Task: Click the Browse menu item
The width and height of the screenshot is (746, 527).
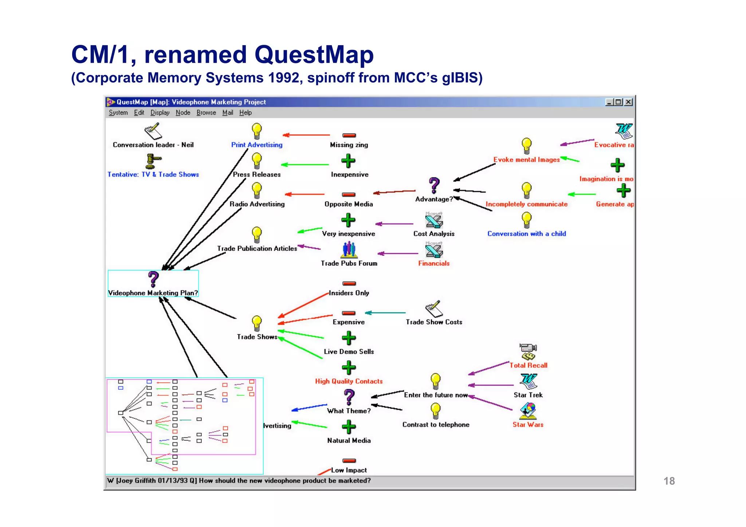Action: (x=206, y=113)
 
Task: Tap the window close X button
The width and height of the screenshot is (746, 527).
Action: (x=628, y=102)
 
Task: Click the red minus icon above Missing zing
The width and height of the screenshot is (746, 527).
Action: (x=349, y=135)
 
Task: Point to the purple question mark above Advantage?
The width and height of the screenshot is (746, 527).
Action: (x=434, y=185)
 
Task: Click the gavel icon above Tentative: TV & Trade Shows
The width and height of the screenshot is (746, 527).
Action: (x=153, y=161)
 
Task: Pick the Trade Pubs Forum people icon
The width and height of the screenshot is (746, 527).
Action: (x=349, y=250)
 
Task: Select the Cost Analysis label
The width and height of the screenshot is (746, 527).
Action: (x=434, y=234)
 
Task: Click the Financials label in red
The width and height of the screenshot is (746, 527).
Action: (x=434, y=263)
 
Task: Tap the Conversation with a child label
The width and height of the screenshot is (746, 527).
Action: (x=527, y=234)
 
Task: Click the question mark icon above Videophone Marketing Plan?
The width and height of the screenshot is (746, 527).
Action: (x=153, y=279)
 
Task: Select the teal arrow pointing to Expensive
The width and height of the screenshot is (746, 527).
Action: (x=385, y=312)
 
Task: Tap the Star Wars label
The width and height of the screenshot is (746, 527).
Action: (x=528, y=425)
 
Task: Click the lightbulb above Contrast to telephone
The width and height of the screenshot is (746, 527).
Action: (x=436, y=411)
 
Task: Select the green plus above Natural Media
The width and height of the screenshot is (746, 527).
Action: (x=349, y=427)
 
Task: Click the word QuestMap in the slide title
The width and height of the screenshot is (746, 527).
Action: (x=314, y=55)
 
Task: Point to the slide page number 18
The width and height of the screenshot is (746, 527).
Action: (x=669, y=481)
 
